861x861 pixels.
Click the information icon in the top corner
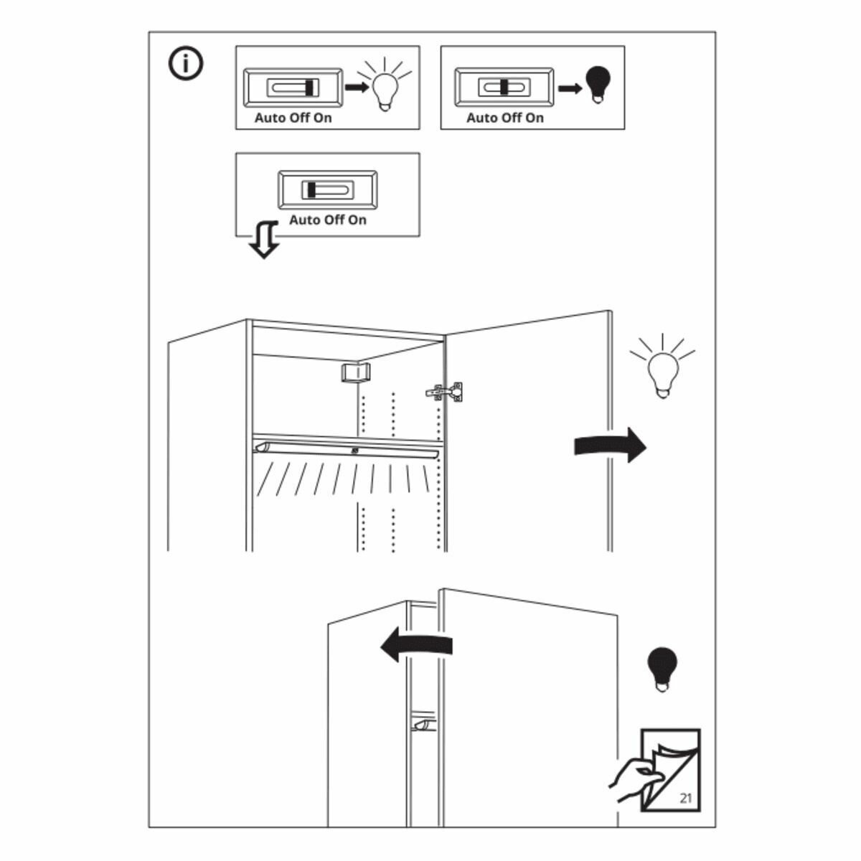(x=186, y=63)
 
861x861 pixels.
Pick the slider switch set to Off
(x=504, y=87)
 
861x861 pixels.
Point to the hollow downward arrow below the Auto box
(x=264, y=240)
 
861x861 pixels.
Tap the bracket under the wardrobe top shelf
(x=354, y=372)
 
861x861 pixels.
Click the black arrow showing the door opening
(x=610, y=446)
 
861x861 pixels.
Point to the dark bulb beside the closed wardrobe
(x=662, y=668)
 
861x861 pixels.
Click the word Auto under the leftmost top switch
(x=270, y=118)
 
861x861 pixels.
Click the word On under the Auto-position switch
(x=357, y=220)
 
